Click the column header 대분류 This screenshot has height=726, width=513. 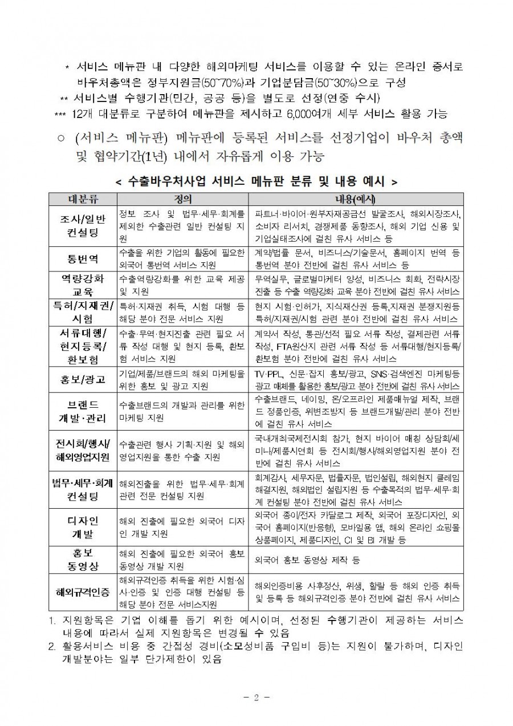83,199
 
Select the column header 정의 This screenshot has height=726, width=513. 182,199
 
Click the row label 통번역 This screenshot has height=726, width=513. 83,258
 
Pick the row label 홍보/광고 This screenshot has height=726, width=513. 83,380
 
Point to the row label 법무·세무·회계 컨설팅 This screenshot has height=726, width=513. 83,490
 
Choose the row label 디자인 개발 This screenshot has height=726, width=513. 83,528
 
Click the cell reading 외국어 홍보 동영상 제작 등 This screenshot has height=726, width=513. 308,560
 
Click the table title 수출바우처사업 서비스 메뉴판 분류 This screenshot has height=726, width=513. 256,181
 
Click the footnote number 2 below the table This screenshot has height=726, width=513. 52,647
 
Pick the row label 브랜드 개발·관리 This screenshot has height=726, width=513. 83,411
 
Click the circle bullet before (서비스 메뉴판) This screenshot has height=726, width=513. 62,139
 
